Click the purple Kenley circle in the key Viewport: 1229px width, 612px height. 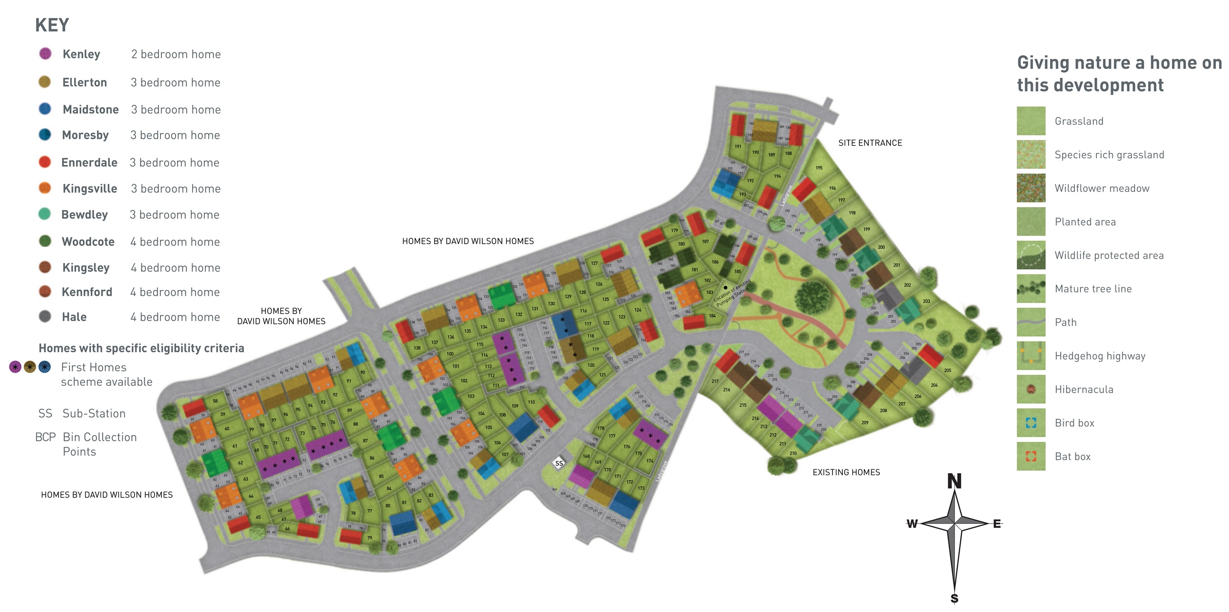45,54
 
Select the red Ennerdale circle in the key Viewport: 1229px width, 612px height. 45,162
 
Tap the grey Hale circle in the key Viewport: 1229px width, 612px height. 45,317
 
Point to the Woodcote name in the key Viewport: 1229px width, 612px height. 88,242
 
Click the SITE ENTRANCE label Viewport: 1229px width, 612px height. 870,143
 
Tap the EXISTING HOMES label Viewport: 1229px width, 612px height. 846,472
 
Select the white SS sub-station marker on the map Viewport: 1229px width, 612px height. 559,463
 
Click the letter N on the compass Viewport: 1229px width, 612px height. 954,481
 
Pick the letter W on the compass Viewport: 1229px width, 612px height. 912,524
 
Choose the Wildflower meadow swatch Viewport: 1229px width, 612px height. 1031,188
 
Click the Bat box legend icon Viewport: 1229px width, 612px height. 1031,457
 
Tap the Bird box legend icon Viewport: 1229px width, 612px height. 1031,423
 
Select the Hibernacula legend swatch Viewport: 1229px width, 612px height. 1031,389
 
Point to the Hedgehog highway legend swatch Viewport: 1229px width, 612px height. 1031,356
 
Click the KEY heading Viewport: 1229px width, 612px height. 52,25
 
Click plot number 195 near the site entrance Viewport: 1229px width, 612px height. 819,168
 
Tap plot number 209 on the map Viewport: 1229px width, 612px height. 865,422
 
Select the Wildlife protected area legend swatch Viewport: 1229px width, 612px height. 1031,255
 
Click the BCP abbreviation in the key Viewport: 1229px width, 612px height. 45,437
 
